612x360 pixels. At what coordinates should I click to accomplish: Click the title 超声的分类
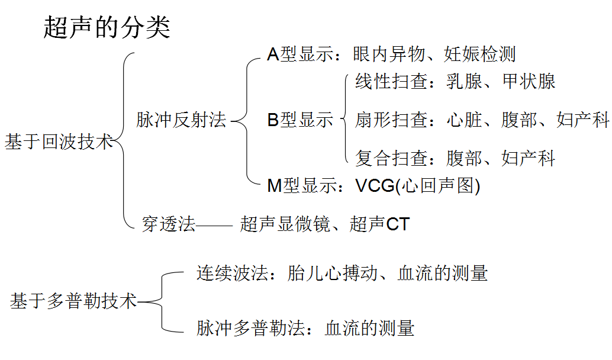pyautogui.click(x=107, y=27)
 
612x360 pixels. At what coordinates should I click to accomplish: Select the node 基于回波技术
pyautogui.click(x=59, y=142)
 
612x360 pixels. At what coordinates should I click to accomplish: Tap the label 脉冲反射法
pyautogui.click(x=181, y=120)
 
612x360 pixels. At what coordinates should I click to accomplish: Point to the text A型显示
pyautogui.click(x=300, y=54)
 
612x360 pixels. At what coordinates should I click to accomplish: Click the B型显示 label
pyautogui.click(x=300, y=120)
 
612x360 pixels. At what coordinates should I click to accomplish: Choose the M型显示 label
pyautogui.click(x=302, y=185)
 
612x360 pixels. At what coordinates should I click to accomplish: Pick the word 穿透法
pyautogui.click(x=168, y=224)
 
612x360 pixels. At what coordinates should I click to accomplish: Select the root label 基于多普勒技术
pyautogui.click(x=73, y=301)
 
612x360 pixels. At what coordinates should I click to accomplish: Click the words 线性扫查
pyautogui.click(x=391, y=82)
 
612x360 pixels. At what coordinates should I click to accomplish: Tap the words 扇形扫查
pyautogui.click(x=391, y=120)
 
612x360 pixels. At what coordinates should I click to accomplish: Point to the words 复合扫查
pyautogui.click(x=391, y=158)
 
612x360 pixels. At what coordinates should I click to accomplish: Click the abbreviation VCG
pyautogui.click(x=375, y=186)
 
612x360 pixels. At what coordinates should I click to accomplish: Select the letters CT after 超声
pyautogui.click(x=398, y=224)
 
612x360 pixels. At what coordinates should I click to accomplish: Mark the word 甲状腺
pyautogui.click(x=529, y=82)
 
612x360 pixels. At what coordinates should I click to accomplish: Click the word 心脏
pyautogui.click(x=465, y=120)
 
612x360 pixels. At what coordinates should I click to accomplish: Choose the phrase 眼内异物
pyautogui.click(x=389, y=54)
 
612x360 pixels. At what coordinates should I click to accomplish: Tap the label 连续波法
pyautogui.click(x=232, y=273)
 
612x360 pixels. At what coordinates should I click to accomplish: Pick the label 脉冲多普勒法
pyautogui.click(x=250, y=328)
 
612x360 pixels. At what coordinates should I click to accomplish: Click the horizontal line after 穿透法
pyautogui.click(x=215, y=225)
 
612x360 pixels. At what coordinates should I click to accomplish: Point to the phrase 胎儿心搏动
pyautogui.click(x=333, y=273)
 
